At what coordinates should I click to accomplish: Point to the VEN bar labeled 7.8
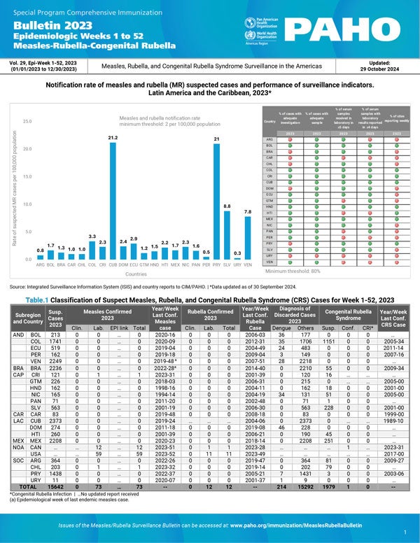pyautogui.click(x=248, y=237)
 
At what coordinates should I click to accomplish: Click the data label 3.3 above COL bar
pyautogui.click(x=92, y=237)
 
